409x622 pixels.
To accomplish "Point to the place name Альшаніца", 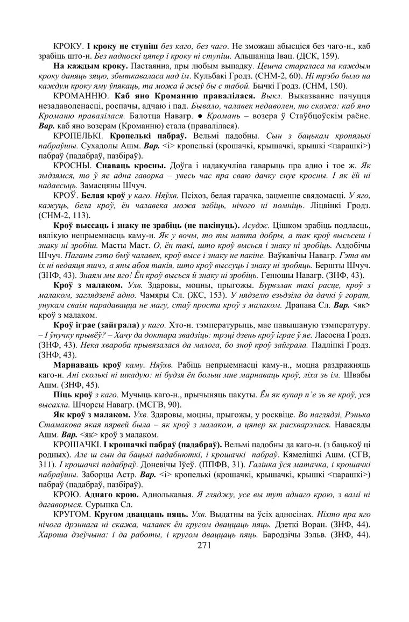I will (255, 56).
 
